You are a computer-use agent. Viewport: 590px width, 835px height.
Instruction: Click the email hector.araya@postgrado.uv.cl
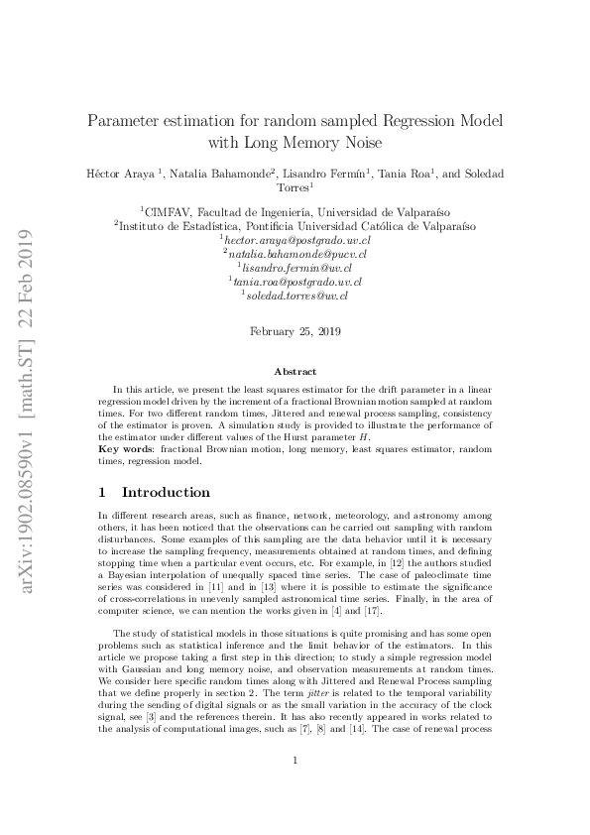[296, 240]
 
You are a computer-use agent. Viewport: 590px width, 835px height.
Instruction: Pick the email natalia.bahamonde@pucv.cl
[296, 254]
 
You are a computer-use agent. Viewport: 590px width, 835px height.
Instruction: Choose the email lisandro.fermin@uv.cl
[296, 268]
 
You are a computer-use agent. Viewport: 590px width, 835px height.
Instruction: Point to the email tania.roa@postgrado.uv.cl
[296, 282]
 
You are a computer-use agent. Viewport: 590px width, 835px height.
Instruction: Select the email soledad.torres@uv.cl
[296, 296]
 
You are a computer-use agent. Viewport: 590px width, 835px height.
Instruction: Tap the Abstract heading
[295, 371]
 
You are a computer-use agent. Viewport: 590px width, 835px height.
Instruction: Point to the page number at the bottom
[295, 788]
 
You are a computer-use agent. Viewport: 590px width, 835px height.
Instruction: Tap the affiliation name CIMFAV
[168, 211]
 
